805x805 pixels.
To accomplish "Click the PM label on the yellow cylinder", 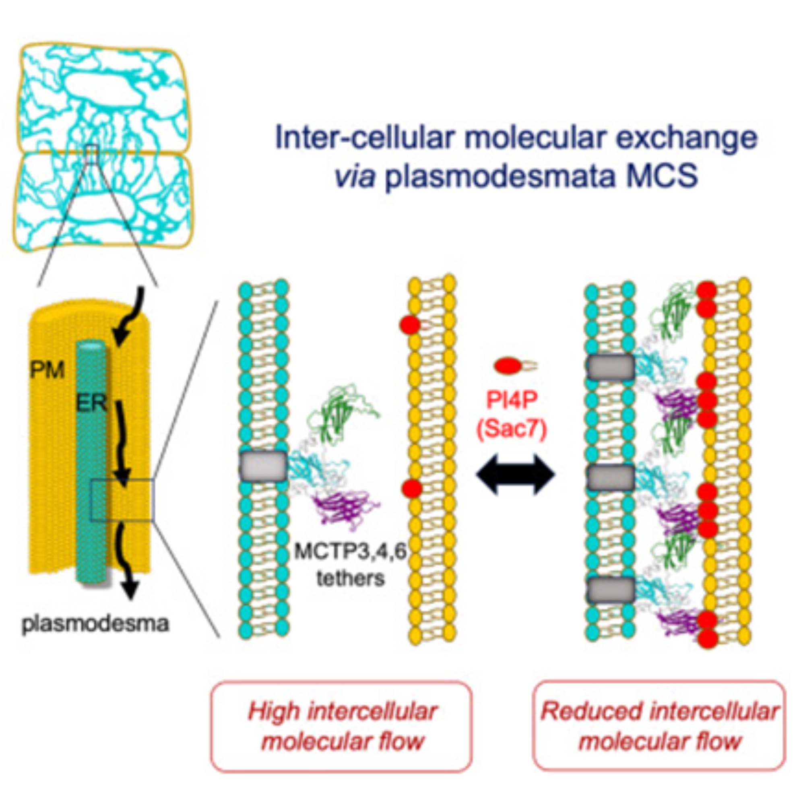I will tap(47, 369).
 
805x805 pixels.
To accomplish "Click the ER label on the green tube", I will tap(92, 403).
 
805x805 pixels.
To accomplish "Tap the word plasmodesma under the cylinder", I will tap(95, 624).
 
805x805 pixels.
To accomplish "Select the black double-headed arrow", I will tap(516, 475).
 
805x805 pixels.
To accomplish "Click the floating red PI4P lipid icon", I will tap(510, 366).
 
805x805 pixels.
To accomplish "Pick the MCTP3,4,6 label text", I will tap(350, 552).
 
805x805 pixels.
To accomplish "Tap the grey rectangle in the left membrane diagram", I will tap(263, 466).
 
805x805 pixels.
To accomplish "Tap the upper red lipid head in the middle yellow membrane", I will tap(410, 324).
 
